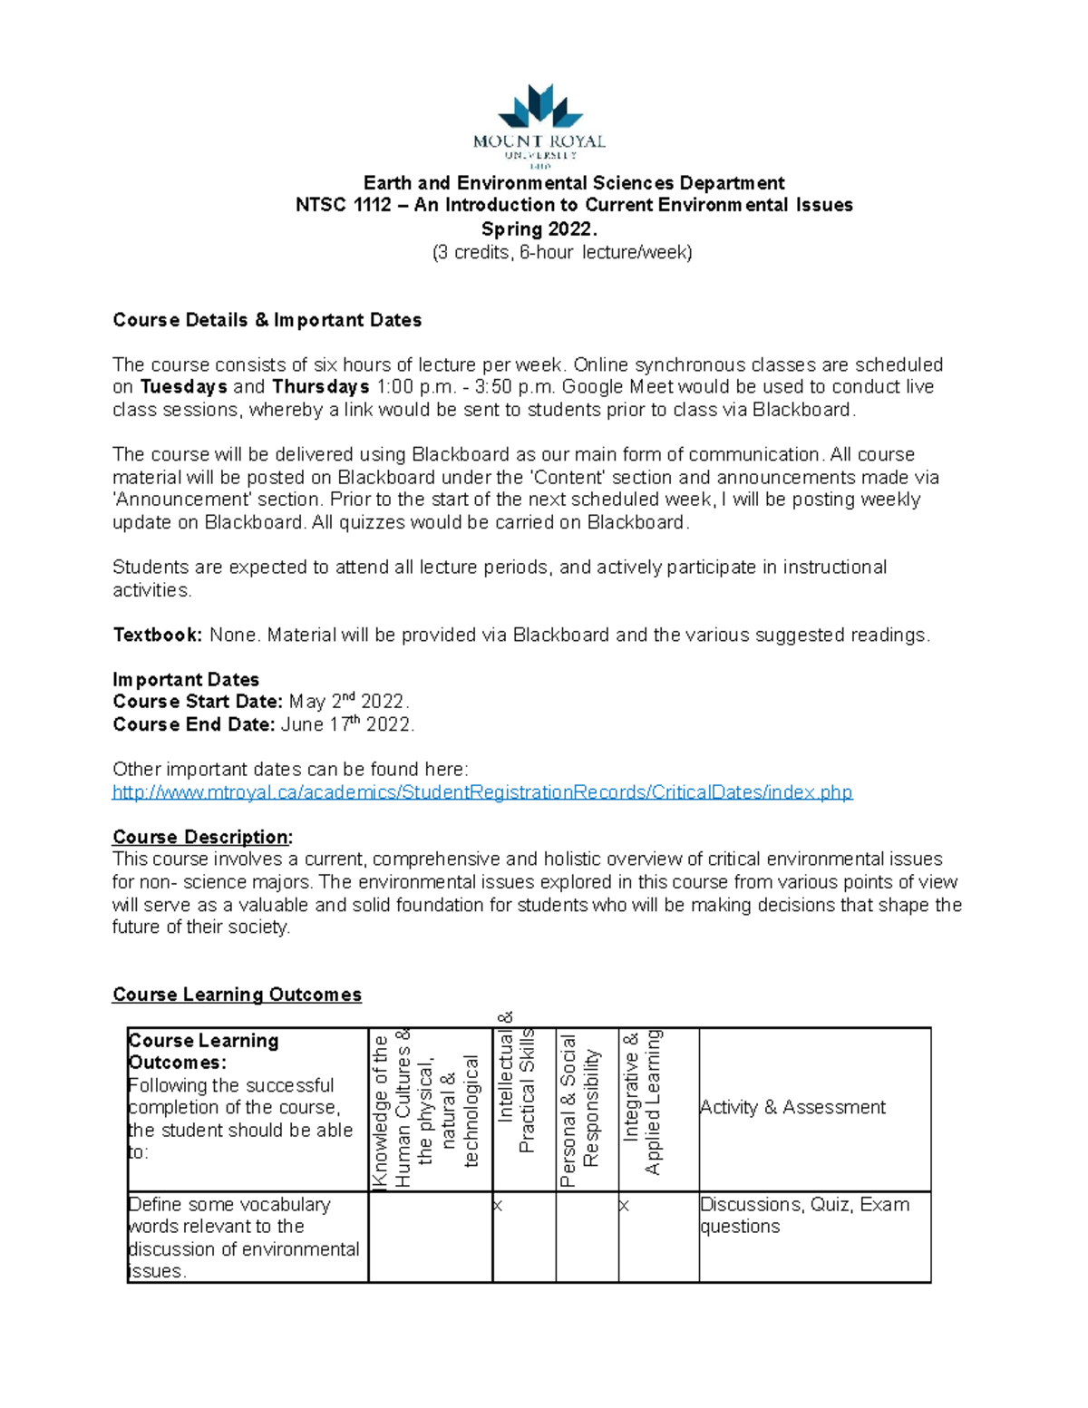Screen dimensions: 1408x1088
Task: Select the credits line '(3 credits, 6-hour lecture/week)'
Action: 562,252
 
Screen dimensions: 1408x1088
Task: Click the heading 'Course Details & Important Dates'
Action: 267,320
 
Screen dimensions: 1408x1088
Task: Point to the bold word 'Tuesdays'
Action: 184,387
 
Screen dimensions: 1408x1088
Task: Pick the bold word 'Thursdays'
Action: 320,387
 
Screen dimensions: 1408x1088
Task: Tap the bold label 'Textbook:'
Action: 157,635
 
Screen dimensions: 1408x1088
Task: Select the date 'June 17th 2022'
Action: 347,724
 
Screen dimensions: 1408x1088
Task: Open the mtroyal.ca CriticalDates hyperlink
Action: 481,792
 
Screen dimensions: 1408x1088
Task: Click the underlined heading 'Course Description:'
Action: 202,837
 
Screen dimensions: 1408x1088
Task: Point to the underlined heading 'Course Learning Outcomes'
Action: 237,995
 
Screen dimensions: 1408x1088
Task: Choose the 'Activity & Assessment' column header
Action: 792,1107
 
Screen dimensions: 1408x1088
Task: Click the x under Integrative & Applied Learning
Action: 625,1206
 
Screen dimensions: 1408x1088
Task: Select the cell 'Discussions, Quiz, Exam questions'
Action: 804,1216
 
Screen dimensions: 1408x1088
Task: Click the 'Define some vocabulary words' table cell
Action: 244,1238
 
